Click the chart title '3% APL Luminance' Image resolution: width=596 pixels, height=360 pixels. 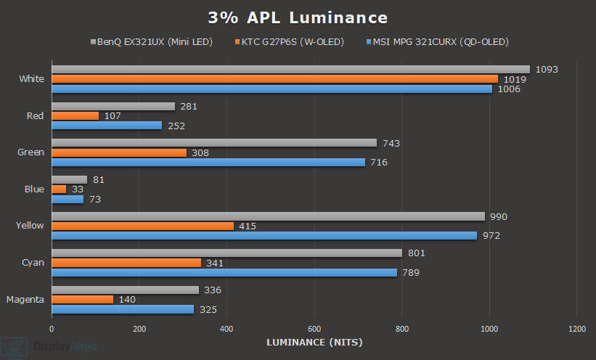pos(298,17)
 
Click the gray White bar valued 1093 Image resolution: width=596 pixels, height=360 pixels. pos(290,70)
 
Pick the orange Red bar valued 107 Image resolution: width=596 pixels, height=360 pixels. pos(75,115)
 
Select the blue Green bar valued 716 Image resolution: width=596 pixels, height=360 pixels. pos(208,162)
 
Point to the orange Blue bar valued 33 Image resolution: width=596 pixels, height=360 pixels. pos(59,189)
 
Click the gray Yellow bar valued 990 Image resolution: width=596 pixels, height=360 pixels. pos(268,216)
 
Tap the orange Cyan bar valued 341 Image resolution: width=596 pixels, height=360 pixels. pos(126,262)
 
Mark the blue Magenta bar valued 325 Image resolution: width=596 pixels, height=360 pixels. pos(123,308)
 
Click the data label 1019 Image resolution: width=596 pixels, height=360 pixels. pos(515,79)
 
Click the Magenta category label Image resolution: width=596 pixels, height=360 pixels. pos(25,299)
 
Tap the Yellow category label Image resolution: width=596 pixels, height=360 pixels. pos(30,226)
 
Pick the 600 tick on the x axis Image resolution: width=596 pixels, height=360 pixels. pos(314,328)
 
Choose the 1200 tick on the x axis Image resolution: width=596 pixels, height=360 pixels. pos(576,328)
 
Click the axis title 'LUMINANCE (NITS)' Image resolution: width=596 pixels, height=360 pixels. pos(314,342)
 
